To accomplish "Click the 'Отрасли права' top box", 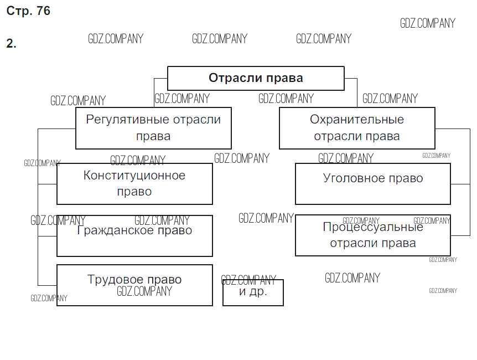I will pos(256,78).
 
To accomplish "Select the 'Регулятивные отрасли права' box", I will pos(153,128).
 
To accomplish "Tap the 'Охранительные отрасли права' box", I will pos(357,128).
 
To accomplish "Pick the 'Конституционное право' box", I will pos(134,184).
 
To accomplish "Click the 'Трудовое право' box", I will pos(134,285).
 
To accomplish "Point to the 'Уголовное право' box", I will pos(373,184).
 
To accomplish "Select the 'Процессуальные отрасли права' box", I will pos(373,235).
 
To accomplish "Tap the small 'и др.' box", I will pos(253,292).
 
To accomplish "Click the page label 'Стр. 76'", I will pos(28,11).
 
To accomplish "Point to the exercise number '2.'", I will pos(12,44).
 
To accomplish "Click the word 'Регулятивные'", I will pos(127,120).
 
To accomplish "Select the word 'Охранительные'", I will pos(357,120).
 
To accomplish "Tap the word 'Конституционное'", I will pos(134,176).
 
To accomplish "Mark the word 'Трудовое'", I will pos(113,280).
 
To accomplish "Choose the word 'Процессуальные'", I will pos(373,227).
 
